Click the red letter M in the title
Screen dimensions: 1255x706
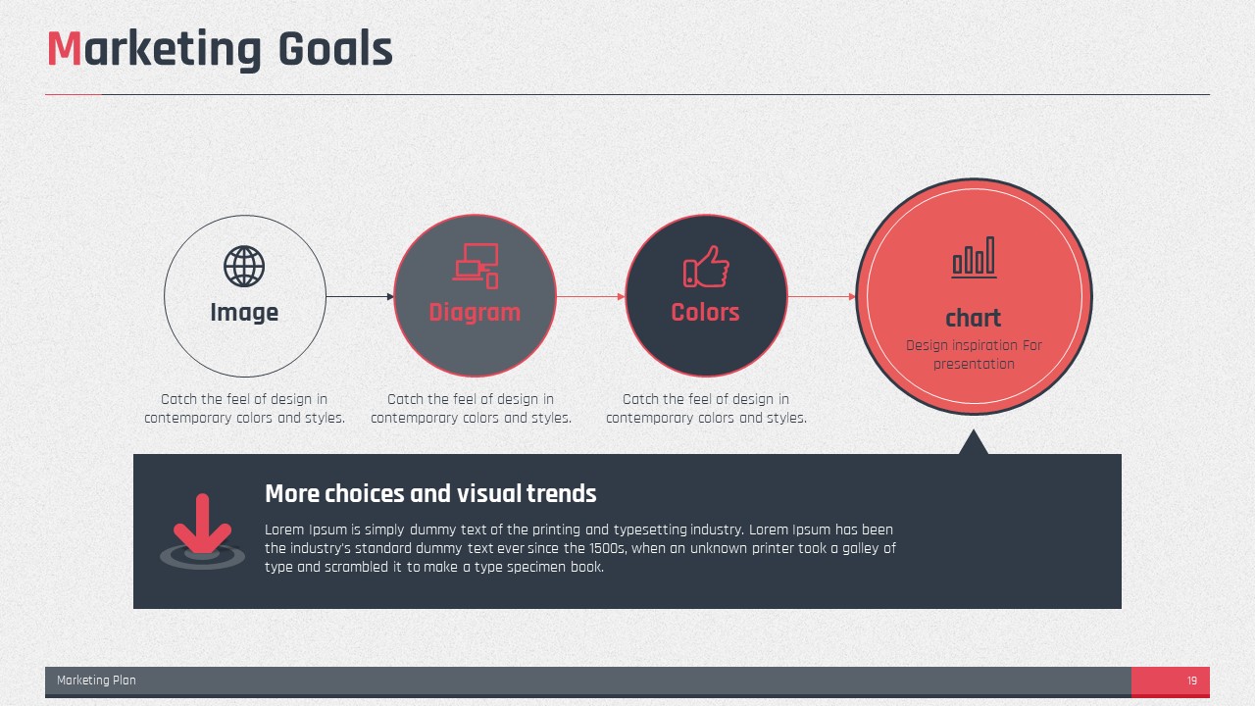[65, 49]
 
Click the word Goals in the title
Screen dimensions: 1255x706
[335, 49]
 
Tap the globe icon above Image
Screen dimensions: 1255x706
[244, 266]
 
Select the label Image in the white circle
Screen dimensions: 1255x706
[244, 313]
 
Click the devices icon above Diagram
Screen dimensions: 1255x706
[476, 266]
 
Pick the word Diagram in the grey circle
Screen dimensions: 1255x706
[475, 313]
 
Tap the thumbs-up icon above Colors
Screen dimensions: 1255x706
[706, 267]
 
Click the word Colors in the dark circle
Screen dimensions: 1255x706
[705, 312]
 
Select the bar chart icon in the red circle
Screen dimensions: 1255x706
[975, 257]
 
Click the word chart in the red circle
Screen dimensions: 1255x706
[974, 319]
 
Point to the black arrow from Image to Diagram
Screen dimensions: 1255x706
[360, 296]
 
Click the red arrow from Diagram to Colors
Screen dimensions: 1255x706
[590, 296]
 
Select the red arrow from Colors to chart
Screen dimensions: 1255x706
[822, 296]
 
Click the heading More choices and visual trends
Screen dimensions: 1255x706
[430, 493]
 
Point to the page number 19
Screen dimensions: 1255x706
[1191, 681]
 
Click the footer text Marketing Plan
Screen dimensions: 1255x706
[96, 681]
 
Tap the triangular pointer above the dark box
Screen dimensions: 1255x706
[974, 442]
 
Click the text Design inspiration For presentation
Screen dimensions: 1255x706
[974, 355]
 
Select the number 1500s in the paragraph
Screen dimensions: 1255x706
[607, 548]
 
